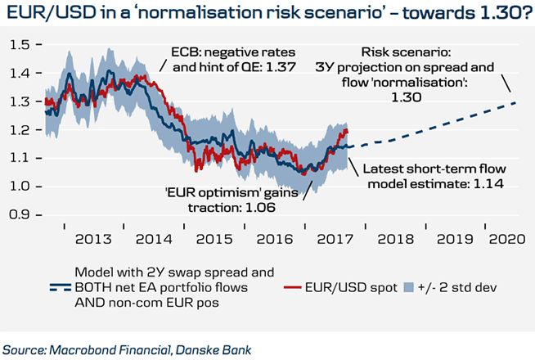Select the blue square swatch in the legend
click(x=412, y=288)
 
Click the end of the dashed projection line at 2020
click(x=516, y=102)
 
